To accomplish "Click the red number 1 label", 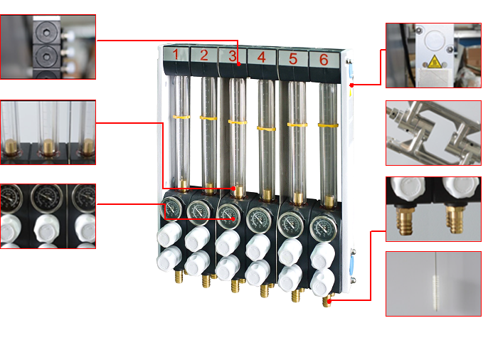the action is [176, 55].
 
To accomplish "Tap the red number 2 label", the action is [204, 55].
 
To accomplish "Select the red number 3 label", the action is [233, 56].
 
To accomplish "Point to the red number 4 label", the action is [262, 57].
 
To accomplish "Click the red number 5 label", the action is [292, 58].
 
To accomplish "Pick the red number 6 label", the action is [324, 60].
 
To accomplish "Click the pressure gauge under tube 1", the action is [171, 208].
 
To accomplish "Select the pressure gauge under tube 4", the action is [259, 220].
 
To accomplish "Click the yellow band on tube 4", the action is [266, 128].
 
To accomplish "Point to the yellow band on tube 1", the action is [181, 117].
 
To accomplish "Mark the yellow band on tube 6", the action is [328, 125].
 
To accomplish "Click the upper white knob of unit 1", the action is [169, 234].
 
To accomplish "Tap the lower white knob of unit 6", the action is [322, 282].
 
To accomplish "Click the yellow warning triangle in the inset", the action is [434, 62].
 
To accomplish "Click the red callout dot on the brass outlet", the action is [329, 301].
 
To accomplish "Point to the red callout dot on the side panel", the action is [351, 85].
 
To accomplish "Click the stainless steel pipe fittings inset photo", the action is [433, 133].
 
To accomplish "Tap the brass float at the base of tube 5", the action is [298, 199].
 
